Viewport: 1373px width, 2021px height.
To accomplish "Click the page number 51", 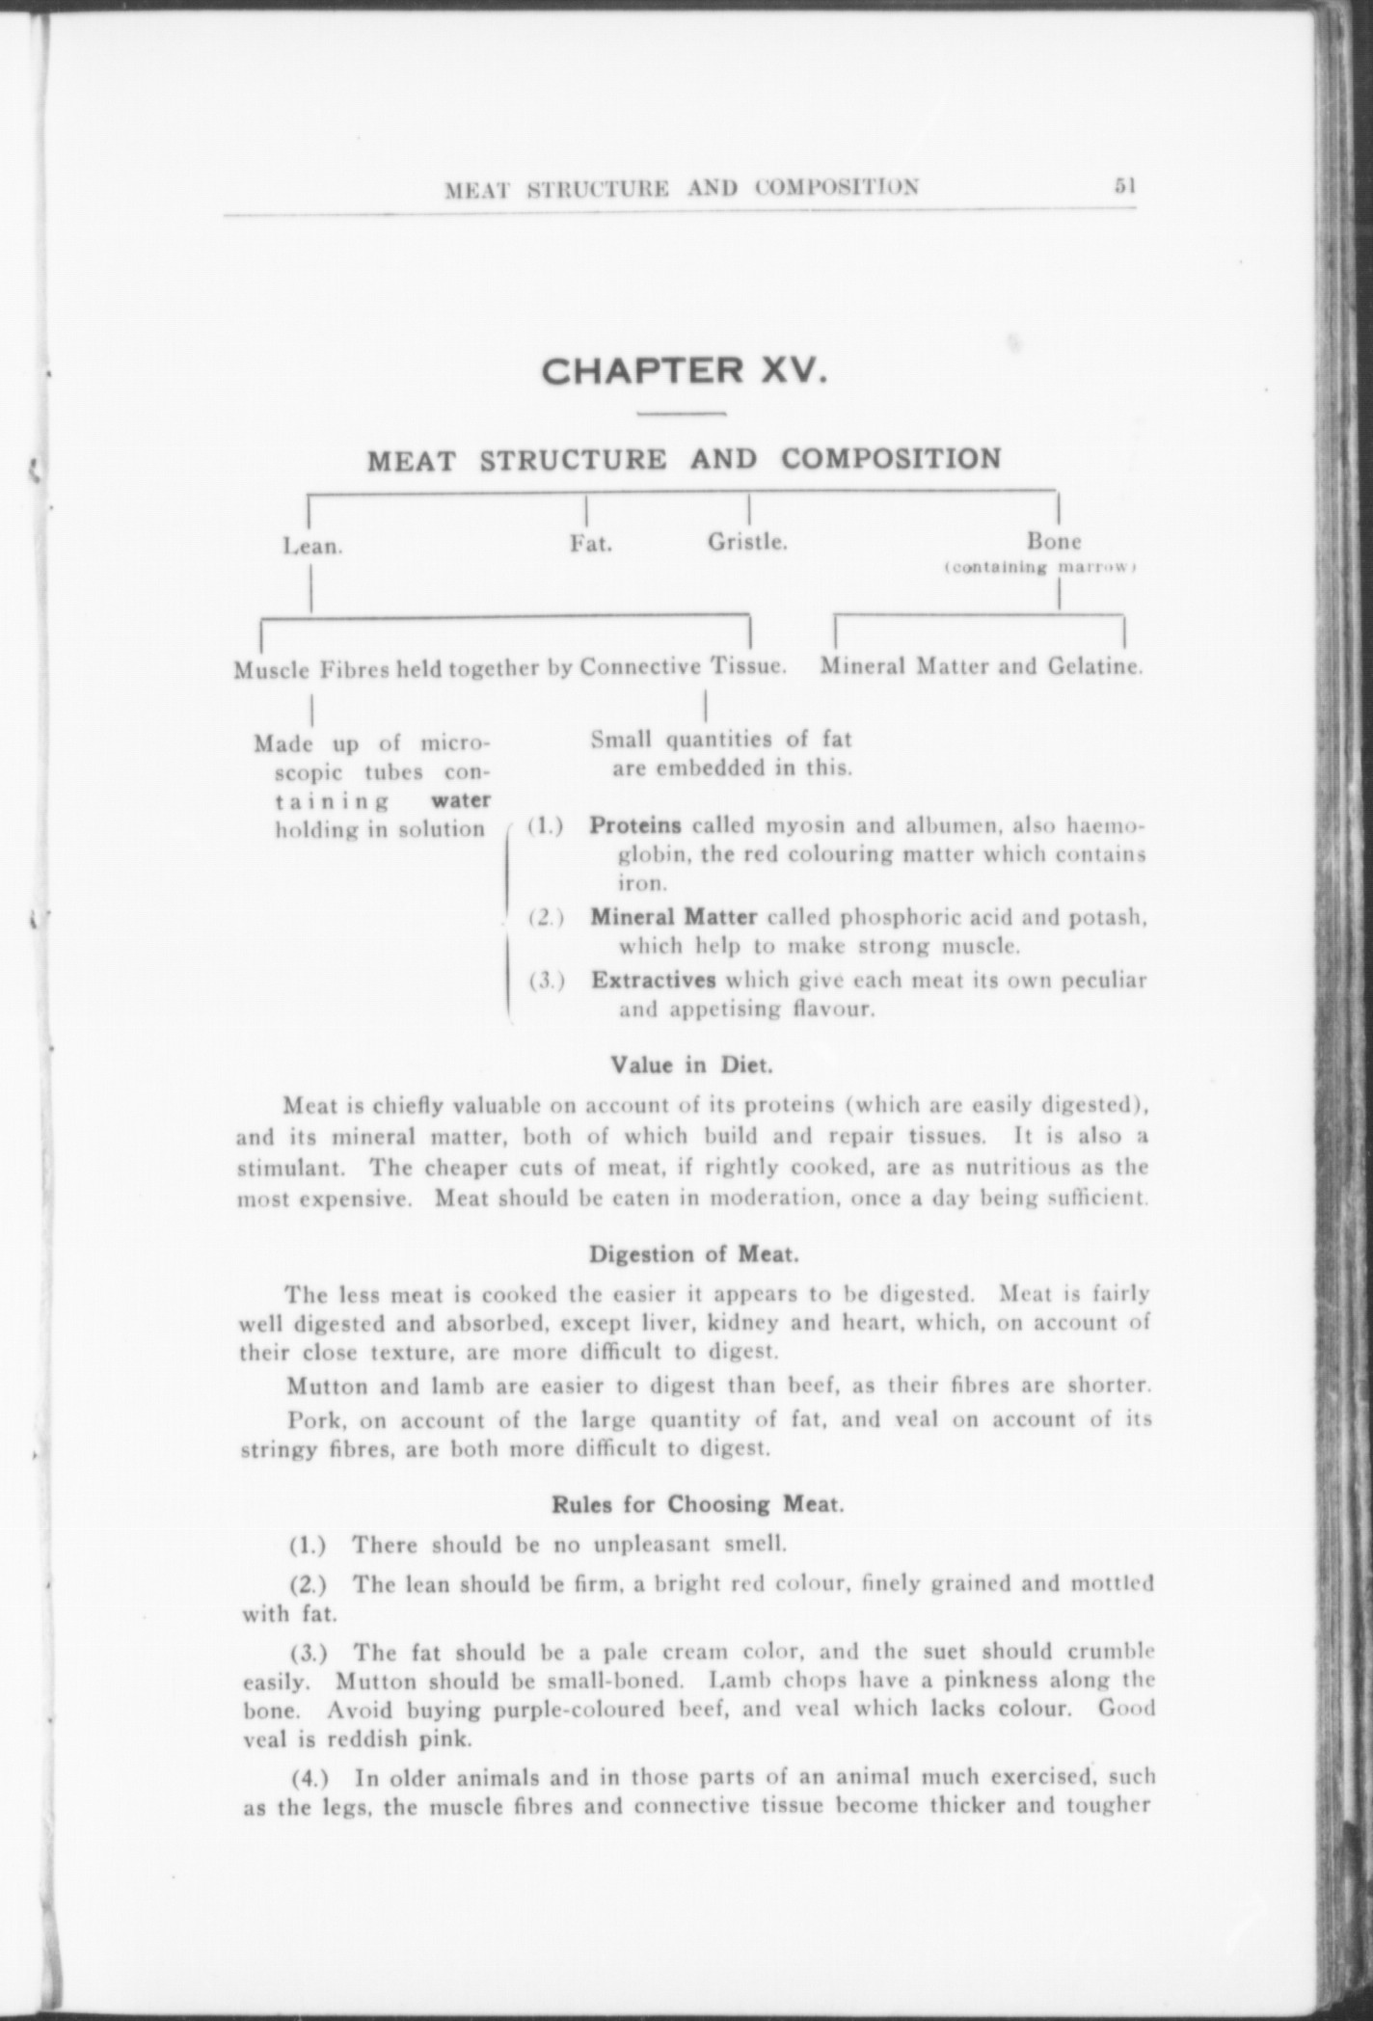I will coord(1124,185).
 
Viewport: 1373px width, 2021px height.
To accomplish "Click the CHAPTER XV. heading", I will coord(684,370).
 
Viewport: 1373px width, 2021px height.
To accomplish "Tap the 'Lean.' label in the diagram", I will coord(312,546).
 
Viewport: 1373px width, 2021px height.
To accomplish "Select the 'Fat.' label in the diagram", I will coord(590,543).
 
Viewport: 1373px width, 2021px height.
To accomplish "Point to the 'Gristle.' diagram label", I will coord(748,542).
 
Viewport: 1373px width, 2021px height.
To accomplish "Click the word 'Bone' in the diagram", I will coord(1054,541).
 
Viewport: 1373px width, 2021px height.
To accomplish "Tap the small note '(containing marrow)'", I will coord(1041,567).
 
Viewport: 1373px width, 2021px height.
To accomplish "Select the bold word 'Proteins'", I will coord(636,825).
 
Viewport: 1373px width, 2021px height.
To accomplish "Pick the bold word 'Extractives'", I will coord(653,980).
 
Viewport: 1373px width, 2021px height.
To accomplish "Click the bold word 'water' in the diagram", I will coord(461,799).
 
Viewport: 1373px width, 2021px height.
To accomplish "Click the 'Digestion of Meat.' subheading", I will coord(693,1254).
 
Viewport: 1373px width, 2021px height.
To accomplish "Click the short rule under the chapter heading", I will coord(682,415).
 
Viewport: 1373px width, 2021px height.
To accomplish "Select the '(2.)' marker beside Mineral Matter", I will coord(546,917).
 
